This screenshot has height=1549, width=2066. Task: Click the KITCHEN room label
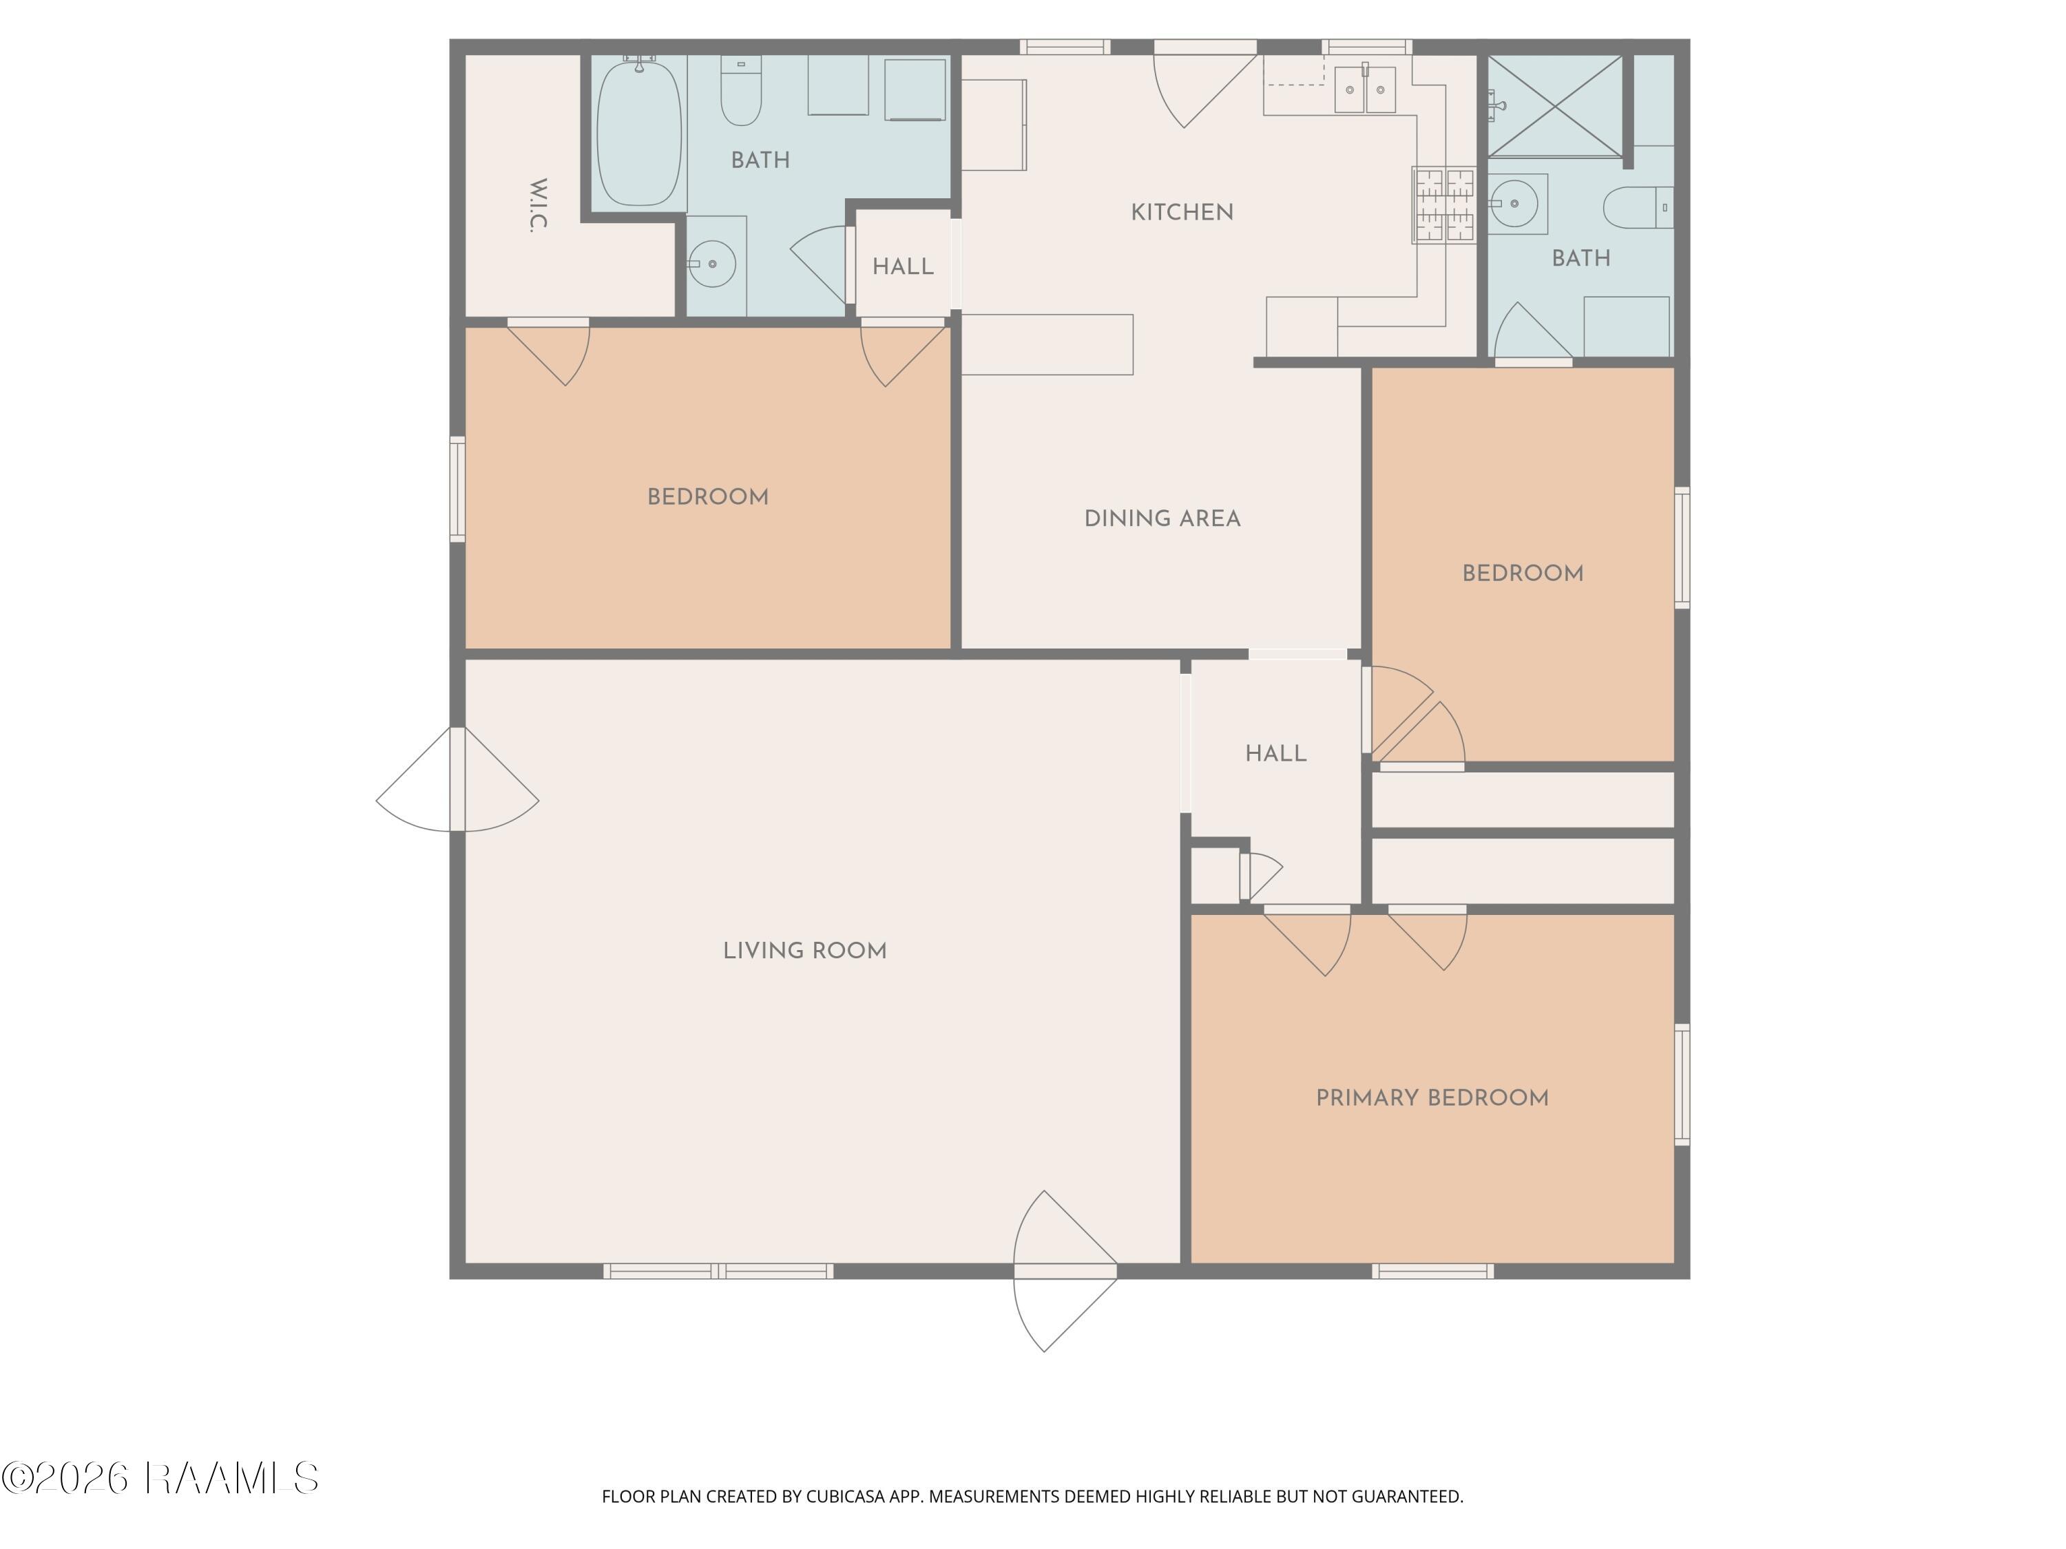pos(1182,213)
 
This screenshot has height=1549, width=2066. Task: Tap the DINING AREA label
pos(1162,519)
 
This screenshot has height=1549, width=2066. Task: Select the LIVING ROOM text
pos(804,951)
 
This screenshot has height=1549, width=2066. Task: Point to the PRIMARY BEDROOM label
pos(1432,1098)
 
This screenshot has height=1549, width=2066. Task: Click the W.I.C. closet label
pos(538,204)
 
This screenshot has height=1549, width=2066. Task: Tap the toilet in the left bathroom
pos(742,91)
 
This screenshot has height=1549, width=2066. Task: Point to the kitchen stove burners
pos(1443,205)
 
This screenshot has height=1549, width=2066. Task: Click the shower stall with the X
pos(1555,105)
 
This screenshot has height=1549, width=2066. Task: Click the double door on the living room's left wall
pos(458,779)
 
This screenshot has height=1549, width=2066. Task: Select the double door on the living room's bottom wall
pos(1065,1271)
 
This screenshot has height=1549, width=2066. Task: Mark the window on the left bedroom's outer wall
pos(458,489)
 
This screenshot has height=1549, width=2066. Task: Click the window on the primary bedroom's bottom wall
pos(1432,1271)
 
